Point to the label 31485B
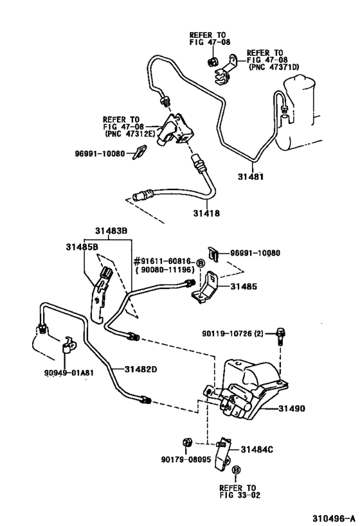(82, 247)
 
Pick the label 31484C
(256, 449)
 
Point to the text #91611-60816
(163, 261)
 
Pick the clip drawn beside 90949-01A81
(67, 347)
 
